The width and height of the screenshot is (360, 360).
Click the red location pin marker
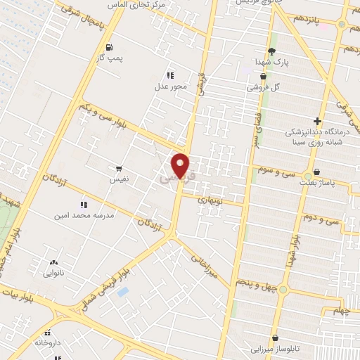pyautogui.click(x=181, y=165)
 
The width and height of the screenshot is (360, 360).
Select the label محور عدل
pyautogui.click(x=169, y=88)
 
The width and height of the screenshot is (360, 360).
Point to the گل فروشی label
pyautogui.click(x=262, y=88)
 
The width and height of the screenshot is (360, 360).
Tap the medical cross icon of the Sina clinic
pyautogui.click(x=317, y=121)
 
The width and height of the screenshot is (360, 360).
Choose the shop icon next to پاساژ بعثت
pyautogui.click(x=316, y=172)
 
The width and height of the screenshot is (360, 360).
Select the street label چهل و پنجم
pyautogui.click(x=255, y=283)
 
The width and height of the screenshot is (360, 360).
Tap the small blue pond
pyautogui.click(x=124, y=290)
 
